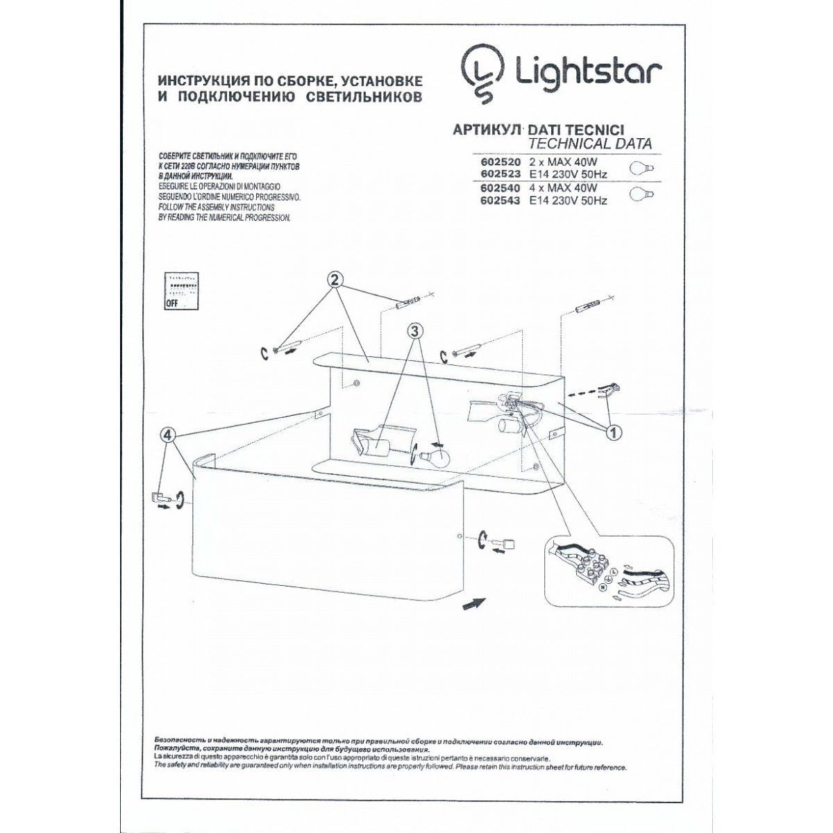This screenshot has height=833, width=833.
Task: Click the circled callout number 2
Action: (335, 280)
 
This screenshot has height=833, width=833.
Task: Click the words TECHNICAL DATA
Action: (590, 144)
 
